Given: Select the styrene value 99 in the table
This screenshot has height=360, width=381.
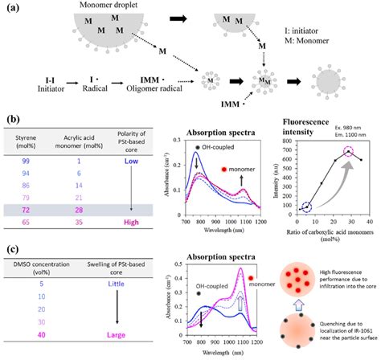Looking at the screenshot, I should click(28, 161).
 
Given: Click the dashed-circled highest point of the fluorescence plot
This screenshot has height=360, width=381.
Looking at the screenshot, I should click(348, 152).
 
